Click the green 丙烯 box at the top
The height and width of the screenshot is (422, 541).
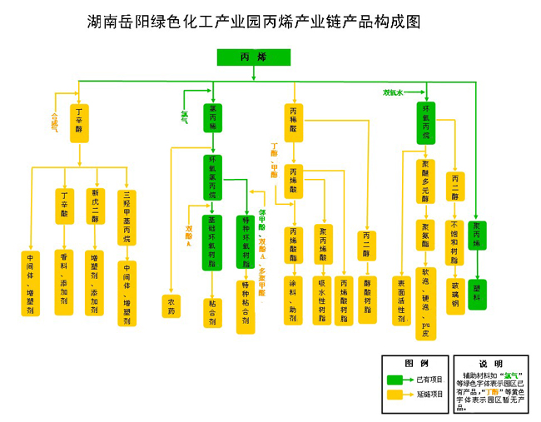tap(253, 57)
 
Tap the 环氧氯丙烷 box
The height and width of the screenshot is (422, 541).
tap(212, 175)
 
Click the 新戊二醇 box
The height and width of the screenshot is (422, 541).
tap(97, 206)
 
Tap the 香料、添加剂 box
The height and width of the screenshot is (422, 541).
tap(64, 281)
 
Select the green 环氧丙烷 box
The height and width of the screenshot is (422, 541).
tap(426, 122)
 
